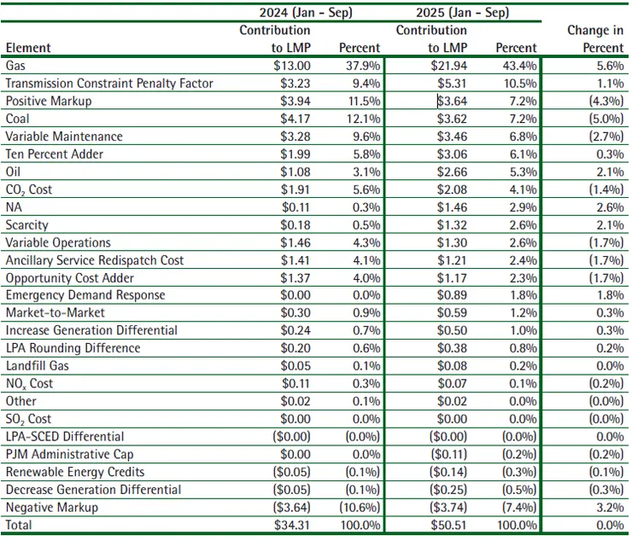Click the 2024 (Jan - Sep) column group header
pos(306,13)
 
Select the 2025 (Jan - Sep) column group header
pos(462,13)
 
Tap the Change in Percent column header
pos(597,39)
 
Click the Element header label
pos(28,49)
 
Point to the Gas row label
pos(15,66)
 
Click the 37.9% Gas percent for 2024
pos(363,66)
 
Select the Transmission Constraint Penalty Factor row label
pos(109,84)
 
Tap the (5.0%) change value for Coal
pos(604,119)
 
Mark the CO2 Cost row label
pos(29,189)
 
